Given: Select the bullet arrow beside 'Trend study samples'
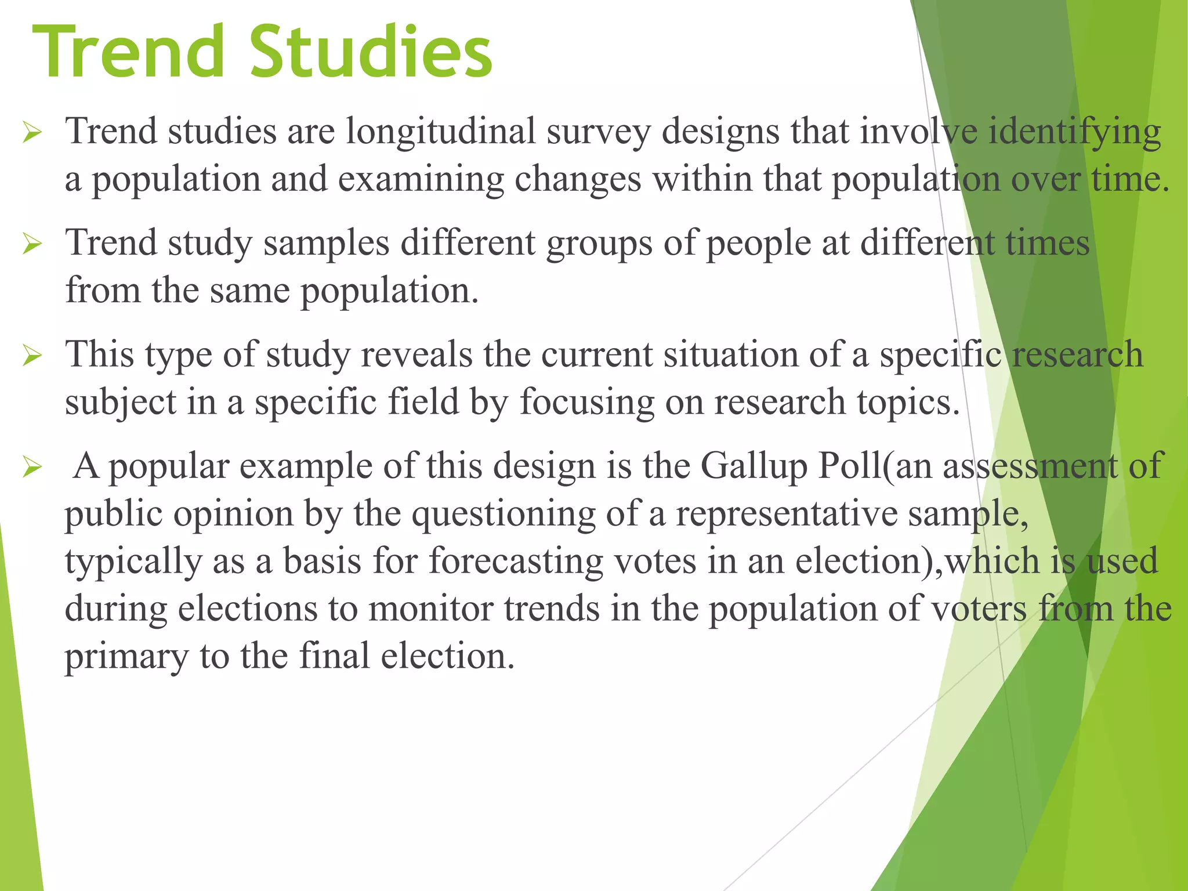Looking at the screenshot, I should pyautogui.click(x=31, y=245).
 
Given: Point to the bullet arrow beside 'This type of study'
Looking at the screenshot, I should pyautogui.click(x=31, y=356).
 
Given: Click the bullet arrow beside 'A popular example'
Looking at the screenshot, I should pyautogui.click(x=31, y=468).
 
